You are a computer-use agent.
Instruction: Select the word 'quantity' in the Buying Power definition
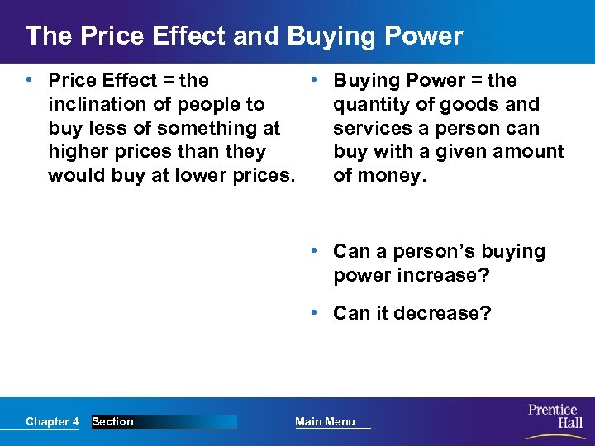(x=368, y=105)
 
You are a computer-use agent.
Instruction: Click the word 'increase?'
(x=444, y=275)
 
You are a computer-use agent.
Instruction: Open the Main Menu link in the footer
(x=325, y=422)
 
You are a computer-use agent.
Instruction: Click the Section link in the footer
(x=113, y=422)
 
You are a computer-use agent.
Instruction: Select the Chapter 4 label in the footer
(x=52, y=422)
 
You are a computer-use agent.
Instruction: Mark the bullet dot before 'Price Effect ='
(x=30, y=80)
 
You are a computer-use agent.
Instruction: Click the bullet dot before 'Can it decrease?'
(x=315, y=313)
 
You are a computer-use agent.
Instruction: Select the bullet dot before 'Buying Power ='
(x=315, y=80)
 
